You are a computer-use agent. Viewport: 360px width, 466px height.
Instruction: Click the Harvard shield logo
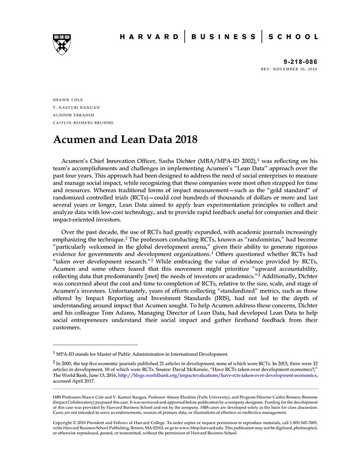[62, 44]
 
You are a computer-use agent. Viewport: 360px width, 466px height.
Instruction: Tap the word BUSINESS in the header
[223, 37]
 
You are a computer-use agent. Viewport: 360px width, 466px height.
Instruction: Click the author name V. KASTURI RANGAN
[76, 107]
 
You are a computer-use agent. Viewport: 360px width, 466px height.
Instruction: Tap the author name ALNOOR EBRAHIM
[73, 115]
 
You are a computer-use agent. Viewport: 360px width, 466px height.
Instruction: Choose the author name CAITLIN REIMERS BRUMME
[83, 123]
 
